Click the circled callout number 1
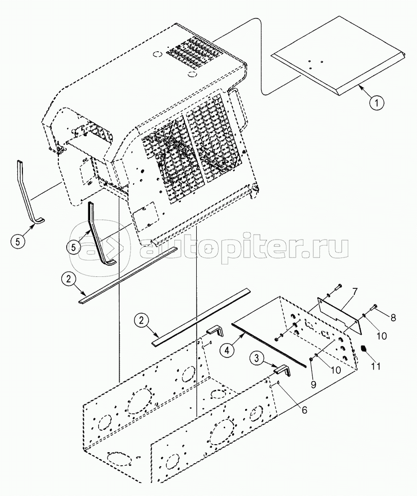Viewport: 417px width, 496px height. pos(377,103)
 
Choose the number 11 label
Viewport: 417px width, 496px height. pos(376,367)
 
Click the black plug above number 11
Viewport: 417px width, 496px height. pos(363,349)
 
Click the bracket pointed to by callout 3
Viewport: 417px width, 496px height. pos(283,372)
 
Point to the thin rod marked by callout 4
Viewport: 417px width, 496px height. pos(269,344)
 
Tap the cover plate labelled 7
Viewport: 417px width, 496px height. pos(339,313)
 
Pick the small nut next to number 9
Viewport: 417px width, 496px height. pos(311,360)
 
